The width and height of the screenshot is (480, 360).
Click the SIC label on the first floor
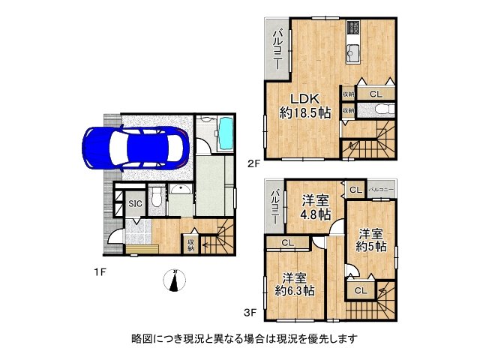coord(135,203)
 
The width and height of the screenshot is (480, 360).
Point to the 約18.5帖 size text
coord(305,113)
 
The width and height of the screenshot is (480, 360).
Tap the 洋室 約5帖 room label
coord(370,238)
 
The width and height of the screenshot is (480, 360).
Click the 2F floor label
coord(253,160)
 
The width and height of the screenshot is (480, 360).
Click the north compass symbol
coord(175,281)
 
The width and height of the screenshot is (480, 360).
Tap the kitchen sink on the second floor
coord(353,53)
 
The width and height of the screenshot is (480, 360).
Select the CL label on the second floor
coord(375,94)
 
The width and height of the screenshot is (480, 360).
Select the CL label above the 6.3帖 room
coord(287,242)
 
